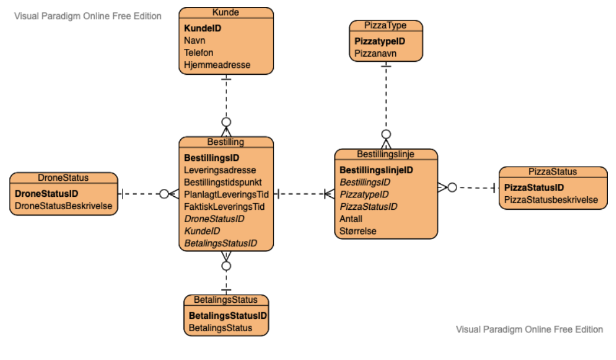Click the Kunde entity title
[x=226, y=12]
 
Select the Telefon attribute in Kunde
[x=198, y=52]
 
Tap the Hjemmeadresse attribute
[x=217, y=65]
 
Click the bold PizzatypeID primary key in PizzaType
[x=380, y=41]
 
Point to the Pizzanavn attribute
[x=375, y=54]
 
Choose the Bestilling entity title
[x=226, y=142]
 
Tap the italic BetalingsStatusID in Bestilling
[x=220, y=243]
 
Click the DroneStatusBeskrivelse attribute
[x=64, y=206]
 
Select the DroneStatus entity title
[x=63, y=178]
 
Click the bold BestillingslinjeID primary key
[x=376, y=170]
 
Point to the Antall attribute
[x=351, y=219]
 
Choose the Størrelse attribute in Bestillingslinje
[x=357, y=231]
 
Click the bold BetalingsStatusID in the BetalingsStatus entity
[x=228, y=315]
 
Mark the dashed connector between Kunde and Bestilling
[x=226, y=97]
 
